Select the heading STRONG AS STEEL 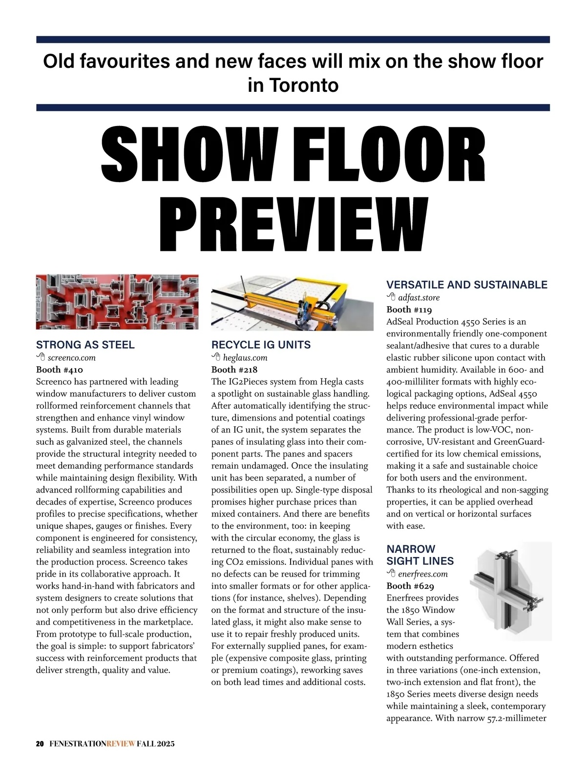85,345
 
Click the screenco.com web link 71,358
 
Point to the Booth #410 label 60,370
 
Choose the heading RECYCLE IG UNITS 261,345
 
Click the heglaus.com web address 245,358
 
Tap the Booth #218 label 234,370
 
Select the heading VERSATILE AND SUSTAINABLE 467,285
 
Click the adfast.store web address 419,298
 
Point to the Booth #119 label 409,310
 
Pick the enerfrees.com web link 422,574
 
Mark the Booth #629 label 410,586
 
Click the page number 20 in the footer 40,744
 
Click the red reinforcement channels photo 117,302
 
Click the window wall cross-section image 510,591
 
